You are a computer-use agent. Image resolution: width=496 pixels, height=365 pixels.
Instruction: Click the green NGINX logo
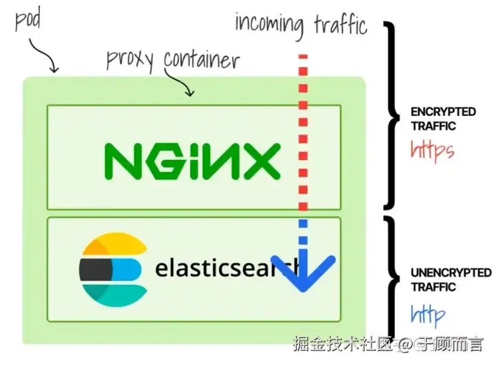(192, 161)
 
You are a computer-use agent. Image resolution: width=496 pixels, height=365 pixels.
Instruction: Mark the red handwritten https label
(432, 150)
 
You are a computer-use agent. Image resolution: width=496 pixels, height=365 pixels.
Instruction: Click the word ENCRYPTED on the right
(433, 111)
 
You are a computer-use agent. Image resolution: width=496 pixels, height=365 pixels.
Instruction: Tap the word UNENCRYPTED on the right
(442, 273)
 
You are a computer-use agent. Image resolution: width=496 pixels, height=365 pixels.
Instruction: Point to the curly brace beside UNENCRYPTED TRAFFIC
(395, 276)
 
